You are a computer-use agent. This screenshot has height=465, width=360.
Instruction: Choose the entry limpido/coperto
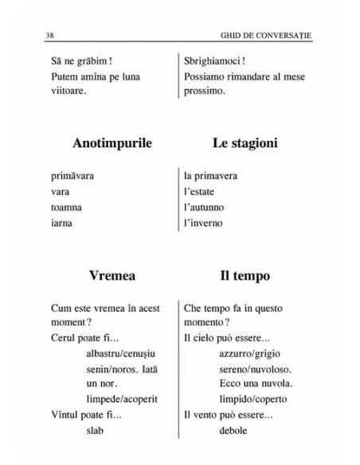252,398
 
